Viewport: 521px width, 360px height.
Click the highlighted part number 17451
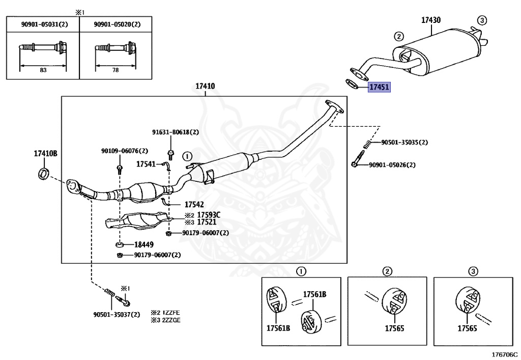[379, 87]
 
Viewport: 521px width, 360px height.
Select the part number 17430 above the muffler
[431, 20]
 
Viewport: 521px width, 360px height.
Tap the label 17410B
[45, 154]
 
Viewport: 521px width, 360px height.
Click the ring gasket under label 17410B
[43, 174]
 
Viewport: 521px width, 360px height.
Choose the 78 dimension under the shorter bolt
[115, 70]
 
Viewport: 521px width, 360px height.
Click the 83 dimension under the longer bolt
[43, 70]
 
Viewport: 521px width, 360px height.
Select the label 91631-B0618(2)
[176, 132]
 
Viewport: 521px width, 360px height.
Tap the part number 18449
[144, 244]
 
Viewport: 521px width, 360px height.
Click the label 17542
[194, 204]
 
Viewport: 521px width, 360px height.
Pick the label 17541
[146, 164]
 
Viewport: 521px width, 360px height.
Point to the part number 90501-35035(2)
[404, 142]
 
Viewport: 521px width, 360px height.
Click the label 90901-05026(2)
[392, 165]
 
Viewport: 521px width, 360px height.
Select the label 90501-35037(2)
[117, 315]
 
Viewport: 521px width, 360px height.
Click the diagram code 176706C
[505, 354]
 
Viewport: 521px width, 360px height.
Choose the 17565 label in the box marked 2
[394, 328]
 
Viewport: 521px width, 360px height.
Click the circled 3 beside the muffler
[482, 20]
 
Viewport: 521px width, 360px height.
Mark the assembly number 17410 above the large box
[205, 86]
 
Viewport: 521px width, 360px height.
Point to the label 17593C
[209, 215]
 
